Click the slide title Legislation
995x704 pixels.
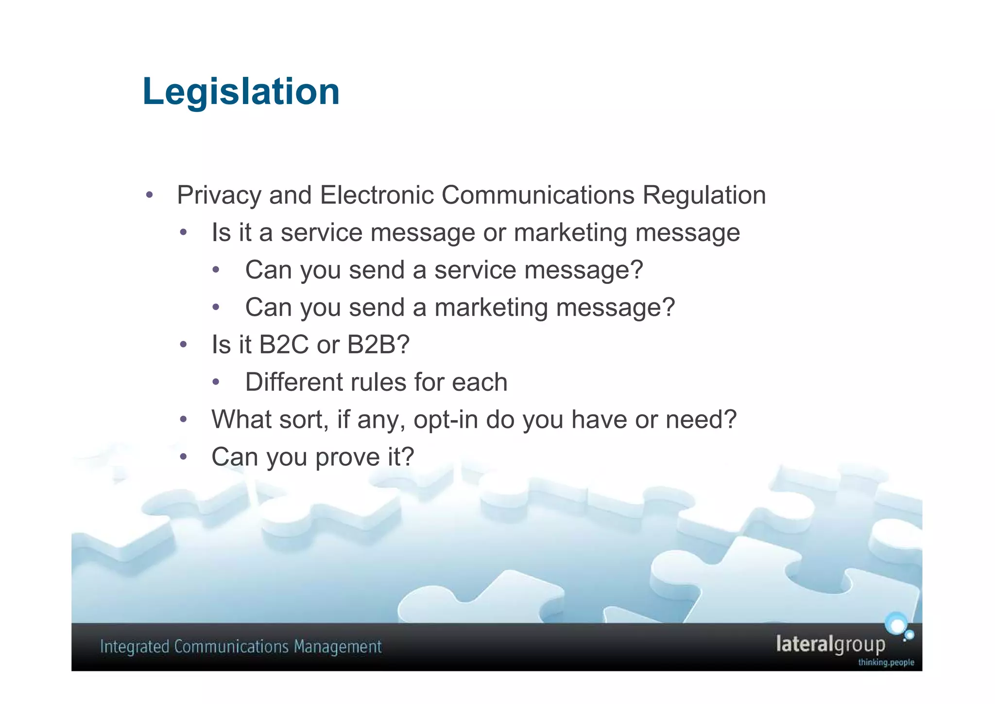(241, 91)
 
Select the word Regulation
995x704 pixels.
(704, 195)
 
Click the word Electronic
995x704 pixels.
(377, 195)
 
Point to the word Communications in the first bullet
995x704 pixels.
(538, 195)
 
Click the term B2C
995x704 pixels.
(284, 345)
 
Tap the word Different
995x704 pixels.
(293, 382)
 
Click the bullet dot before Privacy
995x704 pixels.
(149, 195)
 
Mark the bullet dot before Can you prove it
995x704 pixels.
(183, 457)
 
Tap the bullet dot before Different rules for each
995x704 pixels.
(217, 382)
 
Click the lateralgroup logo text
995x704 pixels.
(830, 644)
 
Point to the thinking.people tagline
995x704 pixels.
(886, 662)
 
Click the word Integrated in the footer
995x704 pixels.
(134, 647)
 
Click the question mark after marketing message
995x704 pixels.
(669, 307)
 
